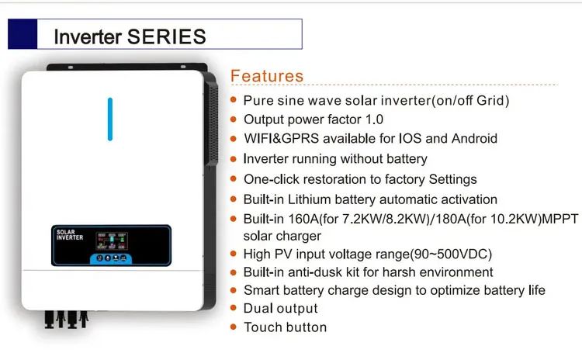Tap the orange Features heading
[x=267, y=76]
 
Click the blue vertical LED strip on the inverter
[x=110, y=119]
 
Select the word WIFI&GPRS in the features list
[x=281, y=139]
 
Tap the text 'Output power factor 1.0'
[x=314, y=119]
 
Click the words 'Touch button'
[x=285, y=327]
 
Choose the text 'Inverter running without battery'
[x=335, y=159]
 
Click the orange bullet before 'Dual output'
[x=234, y=309]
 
